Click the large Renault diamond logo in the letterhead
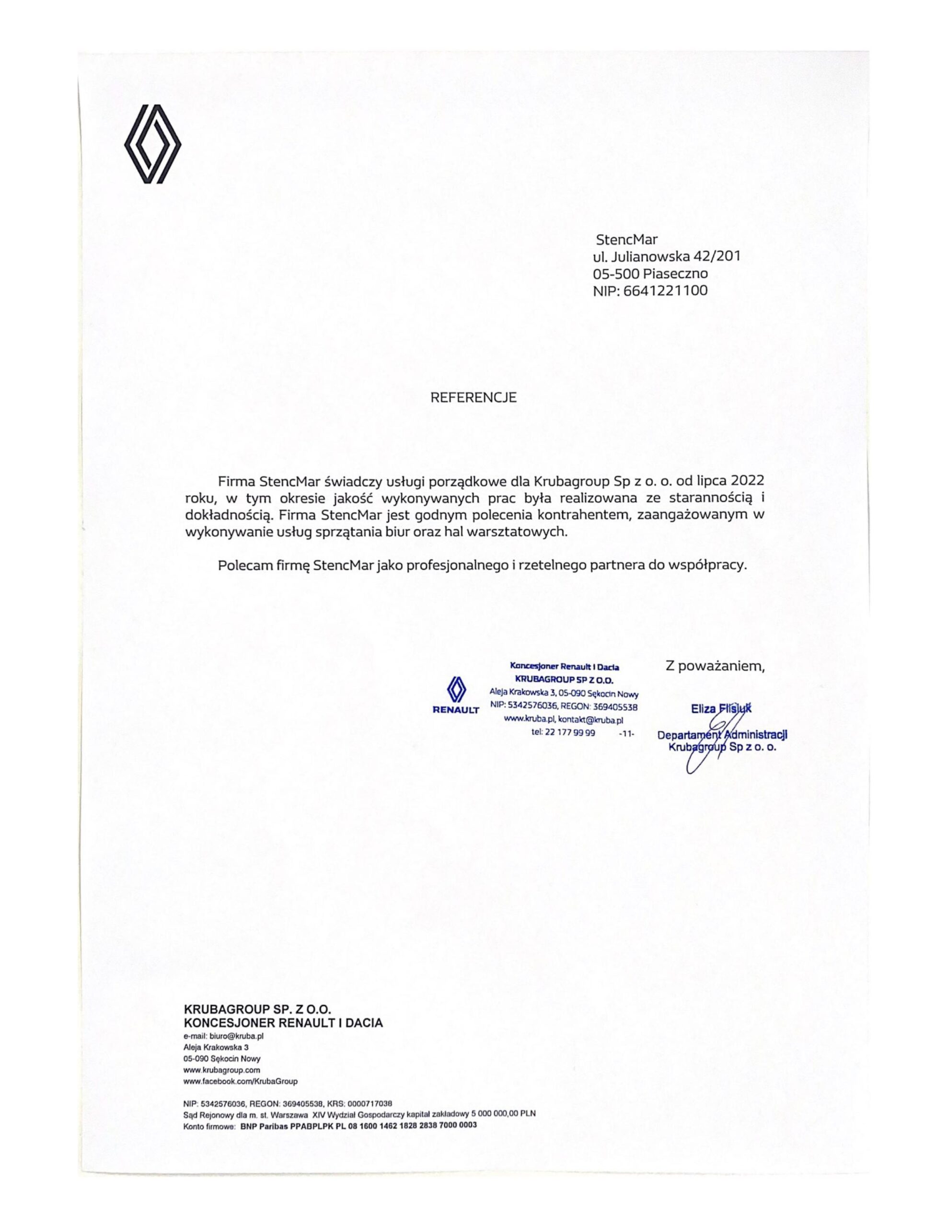click(152, 144)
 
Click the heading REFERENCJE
click(473, 398)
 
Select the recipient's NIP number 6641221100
click(665, 291)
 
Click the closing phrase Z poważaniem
click(715, 666)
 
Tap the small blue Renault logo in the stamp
click(456, 690)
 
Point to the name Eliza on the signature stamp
click(703, 709)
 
